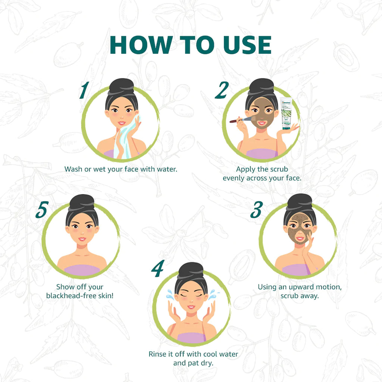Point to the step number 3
[257, 210]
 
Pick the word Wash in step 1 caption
[73, 169]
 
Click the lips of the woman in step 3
[300, 238]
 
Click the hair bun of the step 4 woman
[191, 270]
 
